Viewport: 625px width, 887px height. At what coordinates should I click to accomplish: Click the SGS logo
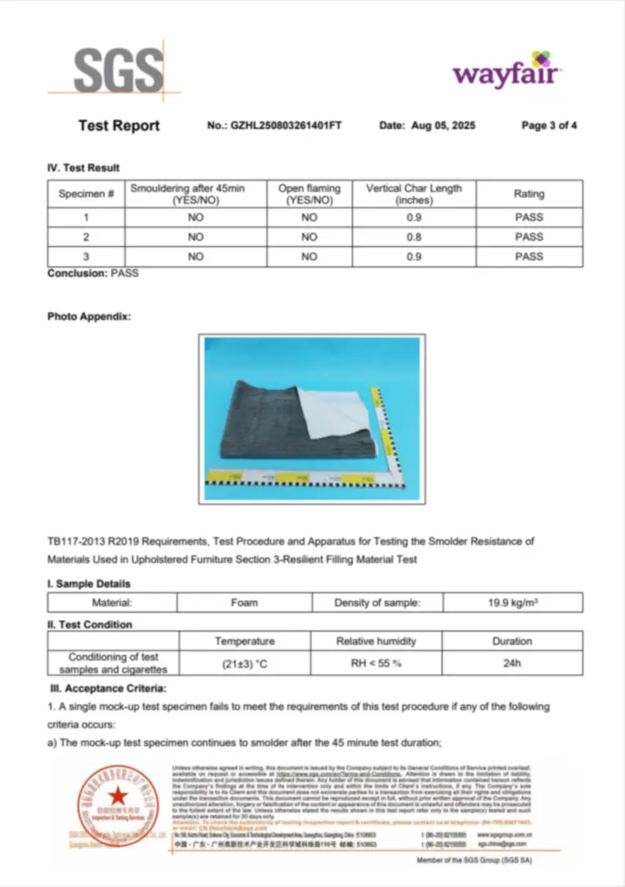click(x=118, y=72)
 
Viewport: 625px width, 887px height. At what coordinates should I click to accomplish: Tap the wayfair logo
click(x=506, y=72)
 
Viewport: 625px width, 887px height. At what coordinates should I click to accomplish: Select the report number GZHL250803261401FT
click(x=285, y=126)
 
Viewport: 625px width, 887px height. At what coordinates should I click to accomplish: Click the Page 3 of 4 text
click(x=549, y=126)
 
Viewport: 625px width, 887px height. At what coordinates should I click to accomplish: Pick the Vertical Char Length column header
click(x=414, y=193)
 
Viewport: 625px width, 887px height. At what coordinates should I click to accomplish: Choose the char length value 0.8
click(x=414, y=237)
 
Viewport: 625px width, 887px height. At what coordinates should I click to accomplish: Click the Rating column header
click(x=528, y=193)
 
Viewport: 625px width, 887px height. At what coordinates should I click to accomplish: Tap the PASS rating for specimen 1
click(x=528, y=217)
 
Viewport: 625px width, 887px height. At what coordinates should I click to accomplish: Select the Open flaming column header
click(x=309, y=193)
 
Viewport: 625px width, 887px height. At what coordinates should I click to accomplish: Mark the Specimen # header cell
click(x=86, y=193)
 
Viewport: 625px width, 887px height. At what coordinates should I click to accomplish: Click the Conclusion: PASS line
click(x=93, y=273)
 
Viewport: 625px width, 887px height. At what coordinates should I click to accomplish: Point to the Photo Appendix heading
click(x=89, y=316)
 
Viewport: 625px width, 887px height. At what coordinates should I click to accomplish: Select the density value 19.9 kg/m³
click(x=513, y=602)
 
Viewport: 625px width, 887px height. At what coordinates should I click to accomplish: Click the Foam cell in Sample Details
click(x=244, y=602)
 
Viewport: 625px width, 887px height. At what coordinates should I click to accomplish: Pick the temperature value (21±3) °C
click(x=244, y=663)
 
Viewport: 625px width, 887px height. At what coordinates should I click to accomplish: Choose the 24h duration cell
click(x=512, y=663)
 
